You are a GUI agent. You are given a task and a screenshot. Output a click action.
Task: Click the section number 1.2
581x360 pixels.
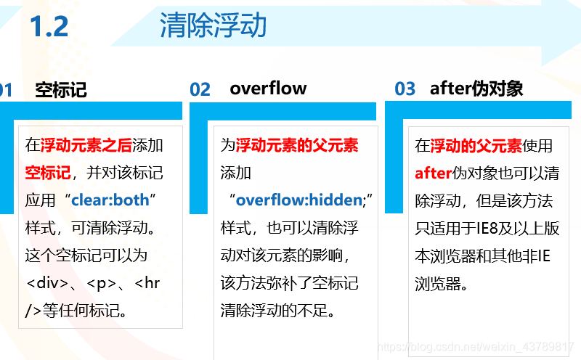click(49, 27)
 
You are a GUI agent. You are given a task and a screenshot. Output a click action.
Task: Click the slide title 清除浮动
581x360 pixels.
click(213, 26)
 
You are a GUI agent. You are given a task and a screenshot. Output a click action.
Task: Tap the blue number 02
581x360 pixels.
click(200, 89)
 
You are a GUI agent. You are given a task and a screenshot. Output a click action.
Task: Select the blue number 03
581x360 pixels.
click(405, 89)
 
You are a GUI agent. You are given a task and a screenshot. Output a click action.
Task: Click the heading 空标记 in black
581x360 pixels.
click(61, 89)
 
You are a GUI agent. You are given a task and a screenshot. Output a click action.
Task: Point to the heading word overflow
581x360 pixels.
click(268, 89)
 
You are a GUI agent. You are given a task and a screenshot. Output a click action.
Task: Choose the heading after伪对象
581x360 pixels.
click(476, 89)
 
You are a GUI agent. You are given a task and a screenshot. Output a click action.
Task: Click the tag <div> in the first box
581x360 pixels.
click(51, 283)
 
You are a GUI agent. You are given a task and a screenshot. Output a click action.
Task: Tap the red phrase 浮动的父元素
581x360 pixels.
click(476, 145)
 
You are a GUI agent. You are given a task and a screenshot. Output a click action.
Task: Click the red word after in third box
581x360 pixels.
click(434, 173)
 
